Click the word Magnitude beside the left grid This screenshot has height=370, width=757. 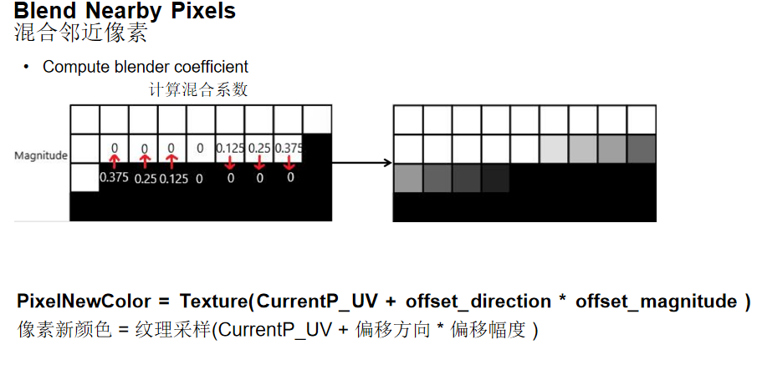pyautogui.click(x=41, y=155)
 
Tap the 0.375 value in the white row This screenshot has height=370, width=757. pyautogui.click(x=289, y=148)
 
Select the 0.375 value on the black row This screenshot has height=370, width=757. pyautogui.click(x=114, y=178)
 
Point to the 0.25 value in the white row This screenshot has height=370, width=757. pyautogui.click(x=260, y=148)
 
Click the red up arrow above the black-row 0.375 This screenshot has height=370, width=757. pyautogui.click(x=115, y=160)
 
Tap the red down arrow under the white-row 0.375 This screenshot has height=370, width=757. pyautogui.click(x=289, y=164)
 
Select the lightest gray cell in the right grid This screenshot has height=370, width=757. pyautogui.click(x=553, y=149)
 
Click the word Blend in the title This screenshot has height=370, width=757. pyautogui.click(x=43, y=12)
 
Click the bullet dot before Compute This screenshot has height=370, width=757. pyautogui.click(x=27, y=67)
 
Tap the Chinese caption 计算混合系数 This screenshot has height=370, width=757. pyautogui.click(x=198, y=89)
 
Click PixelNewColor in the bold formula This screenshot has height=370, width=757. pyautogui.click(x=84, y=302)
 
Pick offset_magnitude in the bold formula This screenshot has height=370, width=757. pyautogui.click(x=656, y=302)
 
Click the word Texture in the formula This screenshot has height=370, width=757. pyautogui.click(x=212, y=302)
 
